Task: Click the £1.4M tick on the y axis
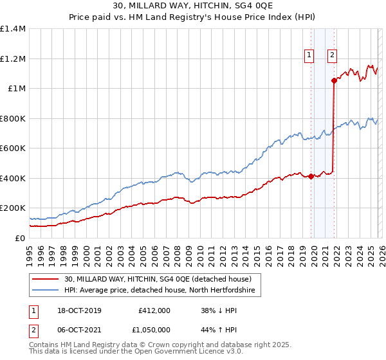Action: click(13, 29)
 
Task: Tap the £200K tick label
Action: click(13, 208)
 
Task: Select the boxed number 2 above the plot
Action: click(332, 56)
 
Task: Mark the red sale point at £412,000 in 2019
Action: click(311, 176)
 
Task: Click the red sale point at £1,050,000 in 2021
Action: click(333, 81)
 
